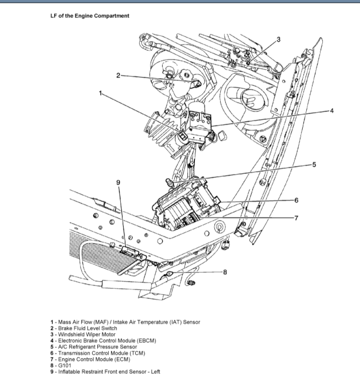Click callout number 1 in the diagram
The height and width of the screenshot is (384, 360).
tap(100, 93)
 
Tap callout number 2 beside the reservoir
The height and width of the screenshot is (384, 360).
tap(119, 75)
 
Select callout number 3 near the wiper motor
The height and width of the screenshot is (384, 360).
tap(278, 40)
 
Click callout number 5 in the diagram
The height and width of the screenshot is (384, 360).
tap(314, 164)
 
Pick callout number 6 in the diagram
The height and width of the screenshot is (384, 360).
tap(296, 200)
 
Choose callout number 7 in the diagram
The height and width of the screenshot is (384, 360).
tap(296, 218)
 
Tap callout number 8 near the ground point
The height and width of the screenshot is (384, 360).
tap(225, 272)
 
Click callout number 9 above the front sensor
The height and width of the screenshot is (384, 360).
tap(118, 182)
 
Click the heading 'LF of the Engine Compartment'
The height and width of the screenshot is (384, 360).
tap(90, 16)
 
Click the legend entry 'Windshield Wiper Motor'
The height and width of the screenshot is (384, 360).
tap(84, 334)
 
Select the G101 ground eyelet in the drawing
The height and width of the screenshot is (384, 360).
tap(170, 274)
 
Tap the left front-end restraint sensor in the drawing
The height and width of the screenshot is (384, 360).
tap(130, 252)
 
